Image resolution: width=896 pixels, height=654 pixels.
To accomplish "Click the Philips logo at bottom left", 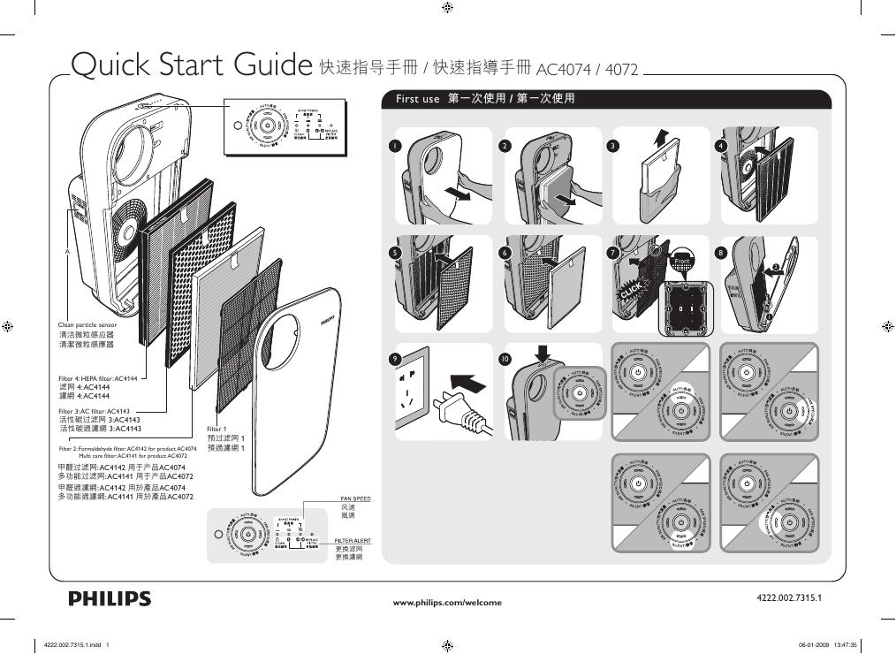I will (x=110, y=599).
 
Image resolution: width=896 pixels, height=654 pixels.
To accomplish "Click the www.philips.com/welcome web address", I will (x=446, y=603).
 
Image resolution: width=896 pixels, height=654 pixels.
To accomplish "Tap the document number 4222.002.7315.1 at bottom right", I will (x=789, y=598).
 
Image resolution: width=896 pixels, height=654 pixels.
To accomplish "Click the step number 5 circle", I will (x=397, y=253).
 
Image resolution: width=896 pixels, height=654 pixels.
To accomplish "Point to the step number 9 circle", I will (x=397, y=359).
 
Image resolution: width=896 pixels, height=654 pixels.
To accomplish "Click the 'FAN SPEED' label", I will (x=355, y=499).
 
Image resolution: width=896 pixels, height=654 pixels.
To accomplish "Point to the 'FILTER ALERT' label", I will (x=353, y=540).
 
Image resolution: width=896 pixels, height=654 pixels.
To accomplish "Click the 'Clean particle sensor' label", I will (x=87, y=325).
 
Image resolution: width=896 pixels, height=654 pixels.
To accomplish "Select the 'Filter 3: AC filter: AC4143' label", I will (x=94, y=412).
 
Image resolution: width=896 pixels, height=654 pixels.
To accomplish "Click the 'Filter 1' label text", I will (x=217, y=429).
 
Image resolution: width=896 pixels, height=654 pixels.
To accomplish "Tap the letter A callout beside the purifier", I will (x=65, y=252).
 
